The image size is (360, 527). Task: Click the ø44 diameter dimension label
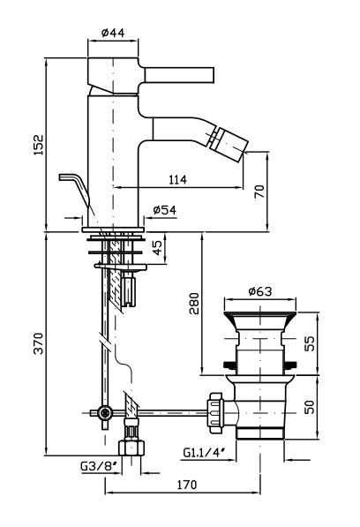pyautogui.click(x=113, y=33)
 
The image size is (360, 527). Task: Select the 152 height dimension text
pyautogui.click(x=39, y=145)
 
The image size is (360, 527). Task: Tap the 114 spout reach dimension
pyautogui.click(x=177, y=179)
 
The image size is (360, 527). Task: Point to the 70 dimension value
pyautogui.click(x=259, y=192)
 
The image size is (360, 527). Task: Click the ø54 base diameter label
pyautogui.click(x=164, y=210)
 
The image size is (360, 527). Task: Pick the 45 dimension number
pyautogui.click(x=157, y=248)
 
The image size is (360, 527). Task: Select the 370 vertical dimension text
pyautogui.click(x=39, y=343)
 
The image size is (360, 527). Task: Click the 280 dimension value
pyautogui.click(x=194, y=304)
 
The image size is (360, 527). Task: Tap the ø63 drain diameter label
pyautogui.click(x=260, y=291)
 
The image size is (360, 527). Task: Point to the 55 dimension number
pyautogui.click(x=310, y=343)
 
